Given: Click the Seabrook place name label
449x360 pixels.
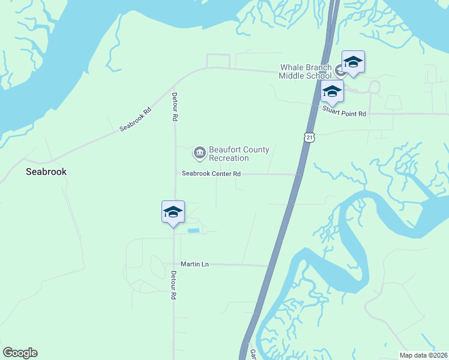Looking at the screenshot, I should [46, 172].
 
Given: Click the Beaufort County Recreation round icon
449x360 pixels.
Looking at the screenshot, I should [199, 154].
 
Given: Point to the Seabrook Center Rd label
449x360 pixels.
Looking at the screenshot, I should [212, 173].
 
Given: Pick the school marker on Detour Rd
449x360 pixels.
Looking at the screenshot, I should [173, 212].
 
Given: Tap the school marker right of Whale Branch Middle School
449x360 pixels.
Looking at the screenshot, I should [353, 62].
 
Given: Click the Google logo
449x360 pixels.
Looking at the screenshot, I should [20, 353].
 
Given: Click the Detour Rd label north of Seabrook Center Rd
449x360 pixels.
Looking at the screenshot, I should [175, 107].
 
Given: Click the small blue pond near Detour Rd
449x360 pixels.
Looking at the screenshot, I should [194, 230].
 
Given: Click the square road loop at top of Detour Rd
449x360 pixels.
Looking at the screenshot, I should [218, 61].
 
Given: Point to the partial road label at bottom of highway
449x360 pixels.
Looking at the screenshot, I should [253, 354].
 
